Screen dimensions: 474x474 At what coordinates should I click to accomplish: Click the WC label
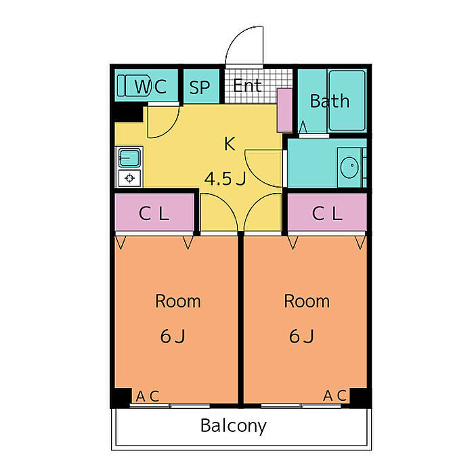click(150, 87)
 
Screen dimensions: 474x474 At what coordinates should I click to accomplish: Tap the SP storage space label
click(200, 87)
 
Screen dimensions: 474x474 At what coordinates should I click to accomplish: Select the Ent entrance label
click(247, 85)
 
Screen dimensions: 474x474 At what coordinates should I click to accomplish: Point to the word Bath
click(330, 101)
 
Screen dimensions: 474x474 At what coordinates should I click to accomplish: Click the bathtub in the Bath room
click(347, 101)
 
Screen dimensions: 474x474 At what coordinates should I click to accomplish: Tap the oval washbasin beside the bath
click(349, 167)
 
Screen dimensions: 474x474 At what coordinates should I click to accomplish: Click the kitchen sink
click(129, 158)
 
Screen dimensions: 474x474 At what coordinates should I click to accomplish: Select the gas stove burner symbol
click(130, 178)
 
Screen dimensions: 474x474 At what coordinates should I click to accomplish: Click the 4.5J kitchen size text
click(225, 179)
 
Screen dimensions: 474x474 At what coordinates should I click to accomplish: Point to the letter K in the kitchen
click(230, 144)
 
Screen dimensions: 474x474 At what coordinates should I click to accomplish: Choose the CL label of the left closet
click(154, 213)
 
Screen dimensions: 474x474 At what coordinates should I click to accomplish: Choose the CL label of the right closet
click(327, 213)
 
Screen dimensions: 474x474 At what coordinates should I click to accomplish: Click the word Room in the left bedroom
click(177, 301)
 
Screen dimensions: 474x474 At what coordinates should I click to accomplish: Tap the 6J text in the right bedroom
click(301, 336)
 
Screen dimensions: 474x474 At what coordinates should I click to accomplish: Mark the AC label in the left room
click(148, 396)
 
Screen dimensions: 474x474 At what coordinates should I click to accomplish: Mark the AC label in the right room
click(335, 395)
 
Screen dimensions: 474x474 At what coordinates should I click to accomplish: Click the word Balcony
click(234, 426)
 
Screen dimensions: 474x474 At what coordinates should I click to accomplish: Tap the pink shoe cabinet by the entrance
click(285, 110)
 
